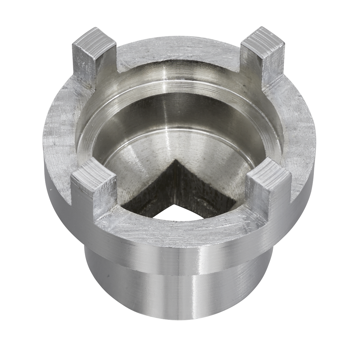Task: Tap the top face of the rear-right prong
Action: (x=263, y=38)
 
